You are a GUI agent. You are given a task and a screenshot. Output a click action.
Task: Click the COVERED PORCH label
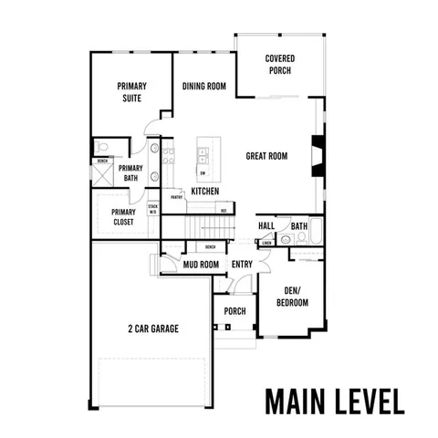click(x=280, y=64)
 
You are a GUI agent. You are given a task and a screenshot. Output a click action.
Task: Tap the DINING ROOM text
click(x=203, y=87)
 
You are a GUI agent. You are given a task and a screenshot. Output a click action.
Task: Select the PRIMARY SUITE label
click(x=131, y=92)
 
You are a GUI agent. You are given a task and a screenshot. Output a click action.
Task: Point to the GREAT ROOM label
click(x=266, y=156)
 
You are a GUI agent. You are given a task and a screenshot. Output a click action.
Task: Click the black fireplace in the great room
click(x=316, y=155)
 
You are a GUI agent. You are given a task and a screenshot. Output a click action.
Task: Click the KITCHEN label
click(x=204, y=192)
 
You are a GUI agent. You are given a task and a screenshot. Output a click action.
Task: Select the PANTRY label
click(x=176, y=197)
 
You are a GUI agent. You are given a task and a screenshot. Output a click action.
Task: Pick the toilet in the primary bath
click(x=102, y=147)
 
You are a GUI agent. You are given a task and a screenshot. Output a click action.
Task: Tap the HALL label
click(x=266, y=225)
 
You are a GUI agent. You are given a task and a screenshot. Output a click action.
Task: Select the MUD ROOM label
click(x=201, y=265)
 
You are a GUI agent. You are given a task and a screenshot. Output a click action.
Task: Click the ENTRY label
click(x=242, y=265)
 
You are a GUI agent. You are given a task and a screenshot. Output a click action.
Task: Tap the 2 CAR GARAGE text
click(x=152, y=328)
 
